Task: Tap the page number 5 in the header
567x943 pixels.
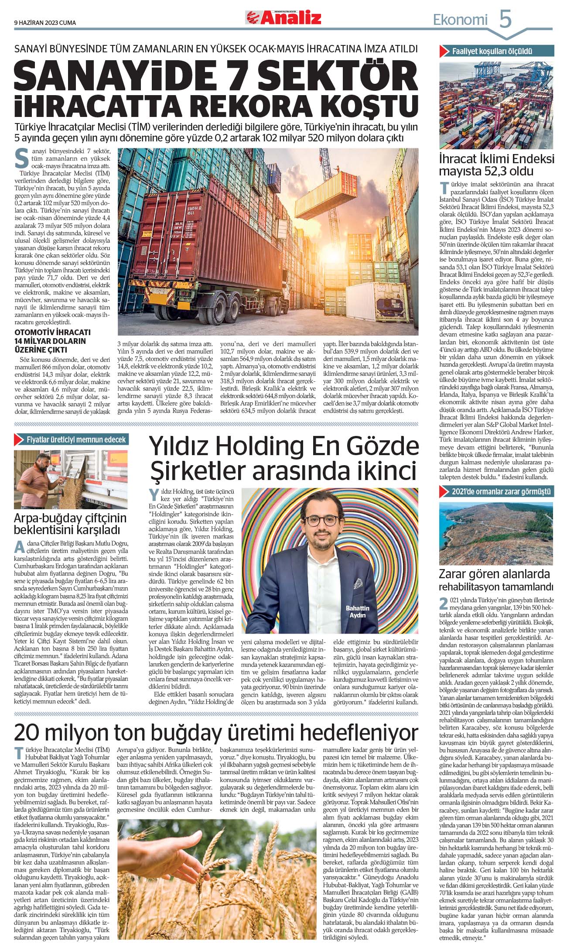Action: (x=505, y=20)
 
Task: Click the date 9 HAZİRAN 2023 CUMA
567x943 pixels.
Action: (x=45, y=23)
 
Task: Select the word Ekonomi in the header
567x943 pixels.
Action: (x=460, y=20)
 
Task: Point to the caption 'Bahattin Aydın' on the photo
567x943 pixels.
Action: (x=357, y=611)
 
